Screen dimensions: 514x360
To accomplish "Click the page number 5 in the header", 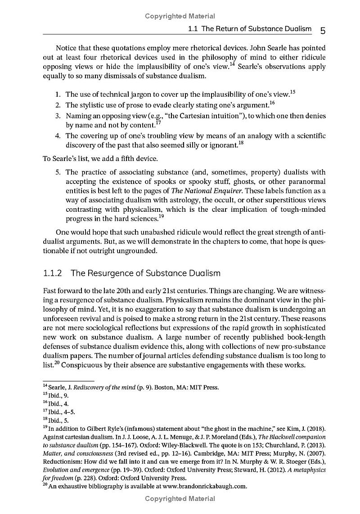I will (323, 30).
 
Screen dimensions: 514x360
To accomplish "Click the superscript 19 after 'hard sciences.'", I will (161, 216).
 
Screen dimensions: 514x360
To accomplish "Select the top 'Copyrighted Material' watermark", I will (180, 16).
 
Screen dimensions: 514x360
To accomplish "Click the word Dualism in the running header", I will (297, 29).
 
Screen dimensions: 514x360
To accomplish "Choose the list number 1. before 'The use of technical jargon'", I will (58, 94).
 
